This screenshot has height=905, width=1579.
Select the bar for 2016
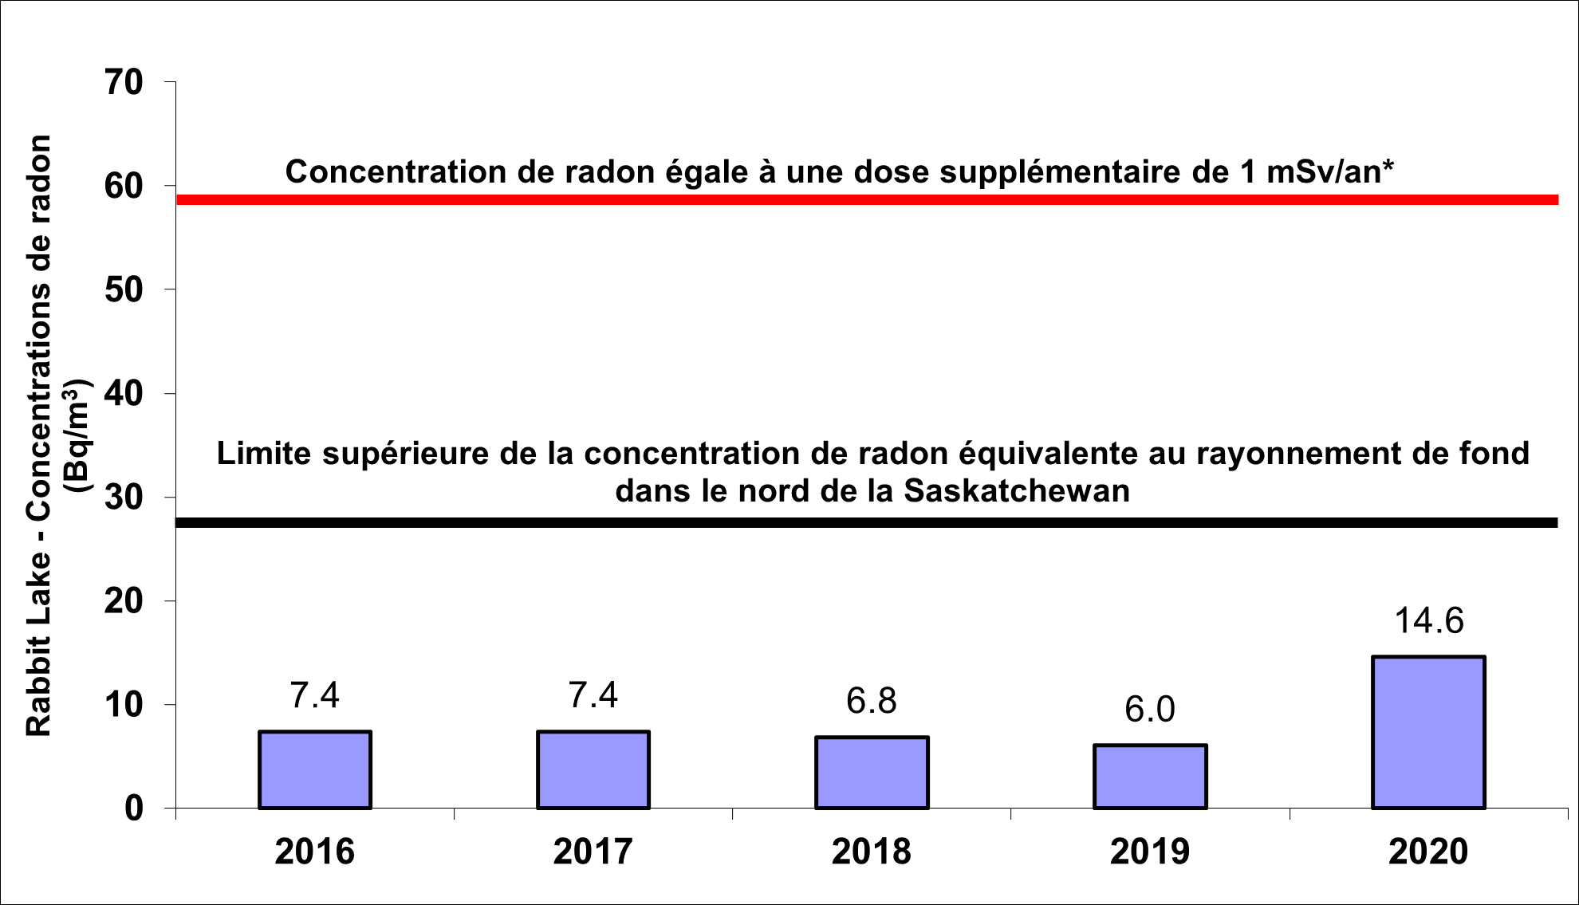[315, 769]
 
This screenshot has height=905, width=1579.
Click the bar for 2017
[593, 769]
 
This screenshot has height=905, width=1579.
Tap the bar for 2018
[872, 773]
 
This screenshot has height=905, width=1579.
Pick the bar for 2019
[1150, 777]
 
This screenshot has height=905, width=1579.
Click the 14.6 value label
[1428, 620]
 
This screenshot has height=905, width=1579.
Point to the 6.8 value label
[872, 701]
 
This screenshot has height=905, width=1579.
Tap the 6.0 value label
[1150, 709]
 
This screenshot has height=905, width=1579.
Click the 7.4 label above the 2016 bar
[315, 695]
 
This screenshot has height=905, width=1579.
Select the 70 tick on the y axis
[124, 81]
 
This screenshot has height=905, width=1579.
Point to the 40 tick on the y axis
[124, 393]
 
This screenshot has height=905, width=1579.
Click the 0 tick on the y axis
[134, 809]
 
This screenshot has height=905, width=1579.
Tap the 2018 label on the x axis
[872, 852]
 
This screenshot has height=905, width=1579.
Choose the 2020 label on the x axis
[1428, 852]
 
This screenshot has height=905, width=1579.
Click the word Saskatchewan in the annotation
[1017, 491]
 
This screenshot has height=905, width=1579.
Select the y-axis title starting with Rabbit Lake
[38, 435]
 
